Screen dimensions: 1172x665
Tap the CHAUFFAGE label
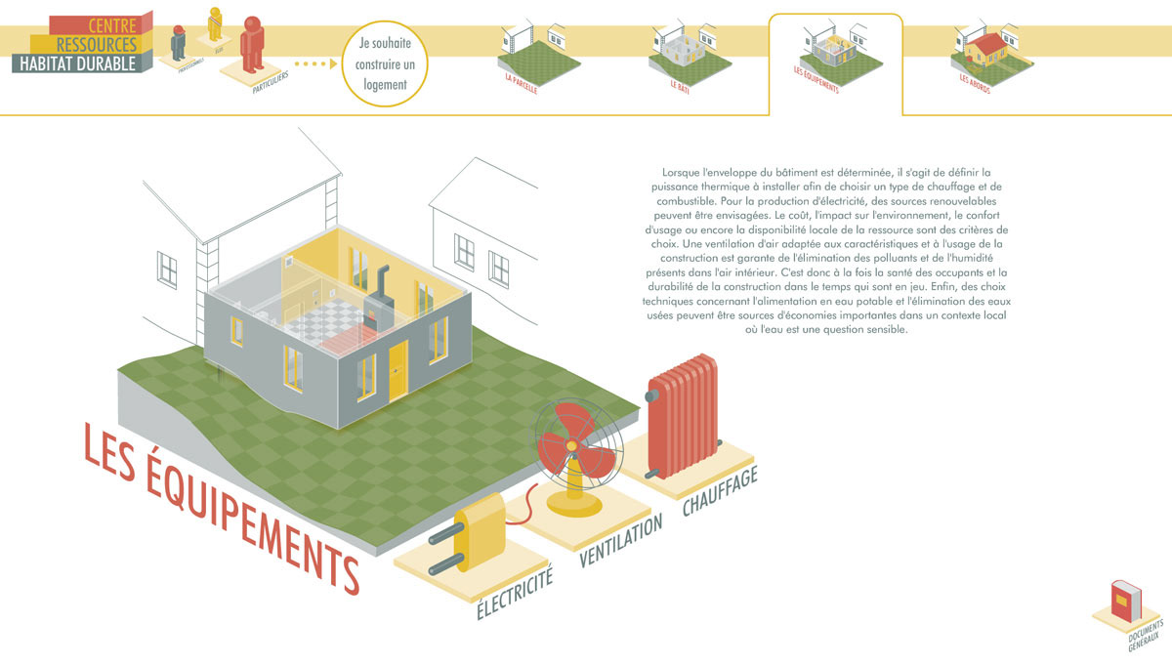720,493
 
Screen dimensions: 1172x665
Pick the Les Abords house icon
987,49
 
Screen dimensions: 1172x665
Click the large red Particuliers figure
253,45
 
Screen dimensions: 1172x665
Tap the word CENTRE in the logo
111,24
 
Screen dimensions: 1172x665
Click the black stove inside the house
379,297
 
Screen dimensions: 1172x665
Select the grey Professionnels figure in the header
179,45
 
